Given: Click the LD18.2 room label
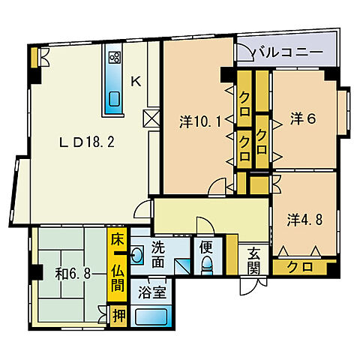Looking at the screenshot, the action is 86,142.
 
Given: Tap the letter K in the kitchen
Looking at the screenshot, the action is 136,81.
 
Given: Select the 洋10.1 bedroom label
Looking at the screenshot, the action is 200,122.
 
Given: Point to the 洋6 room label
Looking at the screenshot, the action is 303,118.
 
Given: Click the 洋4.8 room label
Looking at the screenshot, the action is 304,220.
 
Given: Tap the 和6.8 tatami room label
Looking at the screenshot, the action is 73,274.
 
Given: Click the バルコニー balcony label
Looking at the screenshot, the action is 288,52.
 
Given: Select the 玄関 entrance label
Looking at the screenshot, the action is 253,261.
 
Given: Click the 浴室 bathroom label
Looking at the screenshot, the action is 152,292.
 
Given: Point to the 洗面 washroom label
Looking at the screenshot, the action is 158,255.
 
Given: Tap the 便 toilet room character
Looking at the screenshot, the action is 206,247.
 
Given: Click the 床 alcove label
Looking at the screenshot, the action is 117,240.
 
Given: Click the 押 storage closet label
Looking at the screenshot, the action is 118,316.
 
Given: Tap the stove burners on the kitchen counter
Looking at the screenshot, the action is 115,57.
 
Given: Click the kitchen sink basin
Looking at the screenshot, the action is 115,99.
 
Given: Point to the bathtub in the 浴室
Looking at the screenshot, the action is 151,316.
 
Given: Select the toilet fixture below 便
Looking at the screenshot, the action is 207,265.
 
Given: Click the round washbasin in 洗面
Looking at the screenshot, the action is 136,255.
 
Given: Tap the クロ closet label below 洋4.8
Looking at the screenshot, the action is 300,267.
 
